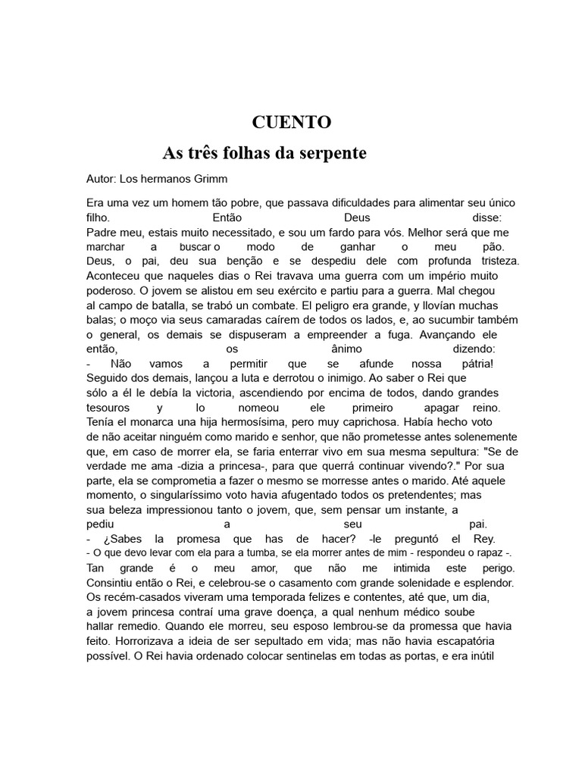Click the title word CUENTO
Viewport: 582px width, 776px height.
click(291, 122)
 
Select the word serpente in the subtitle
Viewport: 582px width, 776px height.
click(330, 153)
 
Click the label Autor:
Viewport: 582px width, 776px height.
click(102, 179)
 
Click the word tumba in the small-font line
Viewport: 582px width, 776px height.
click(247, 553)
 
